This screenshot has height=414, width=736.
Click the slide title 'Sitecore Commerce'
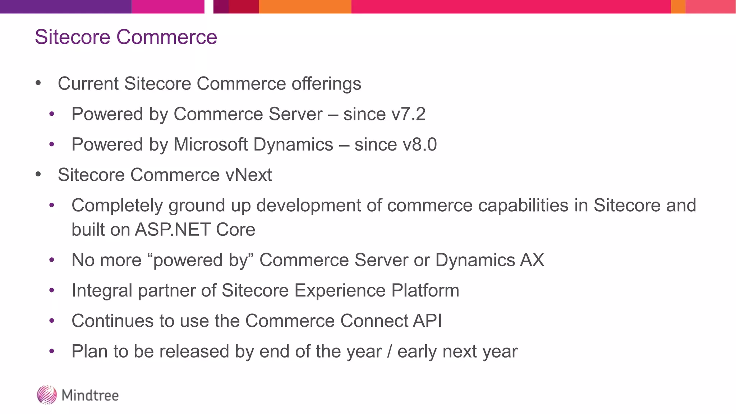(126, 37)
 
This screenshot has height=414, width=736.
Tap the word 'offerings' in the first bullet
(326, 84)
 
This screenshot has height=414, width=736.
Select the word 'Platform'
(425, 290)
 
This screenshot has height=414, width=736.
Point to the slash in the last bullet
(389, 351)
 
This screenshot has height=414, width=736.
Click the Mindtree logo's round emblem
(47, 395)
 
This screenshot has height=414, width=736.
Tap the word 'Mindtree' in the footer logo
(90, 395)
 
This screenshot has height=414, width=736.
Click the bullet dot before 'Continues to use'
(52, 321)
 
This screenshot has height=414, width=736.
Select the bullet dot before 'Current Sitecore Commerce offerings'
(38, 84)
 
